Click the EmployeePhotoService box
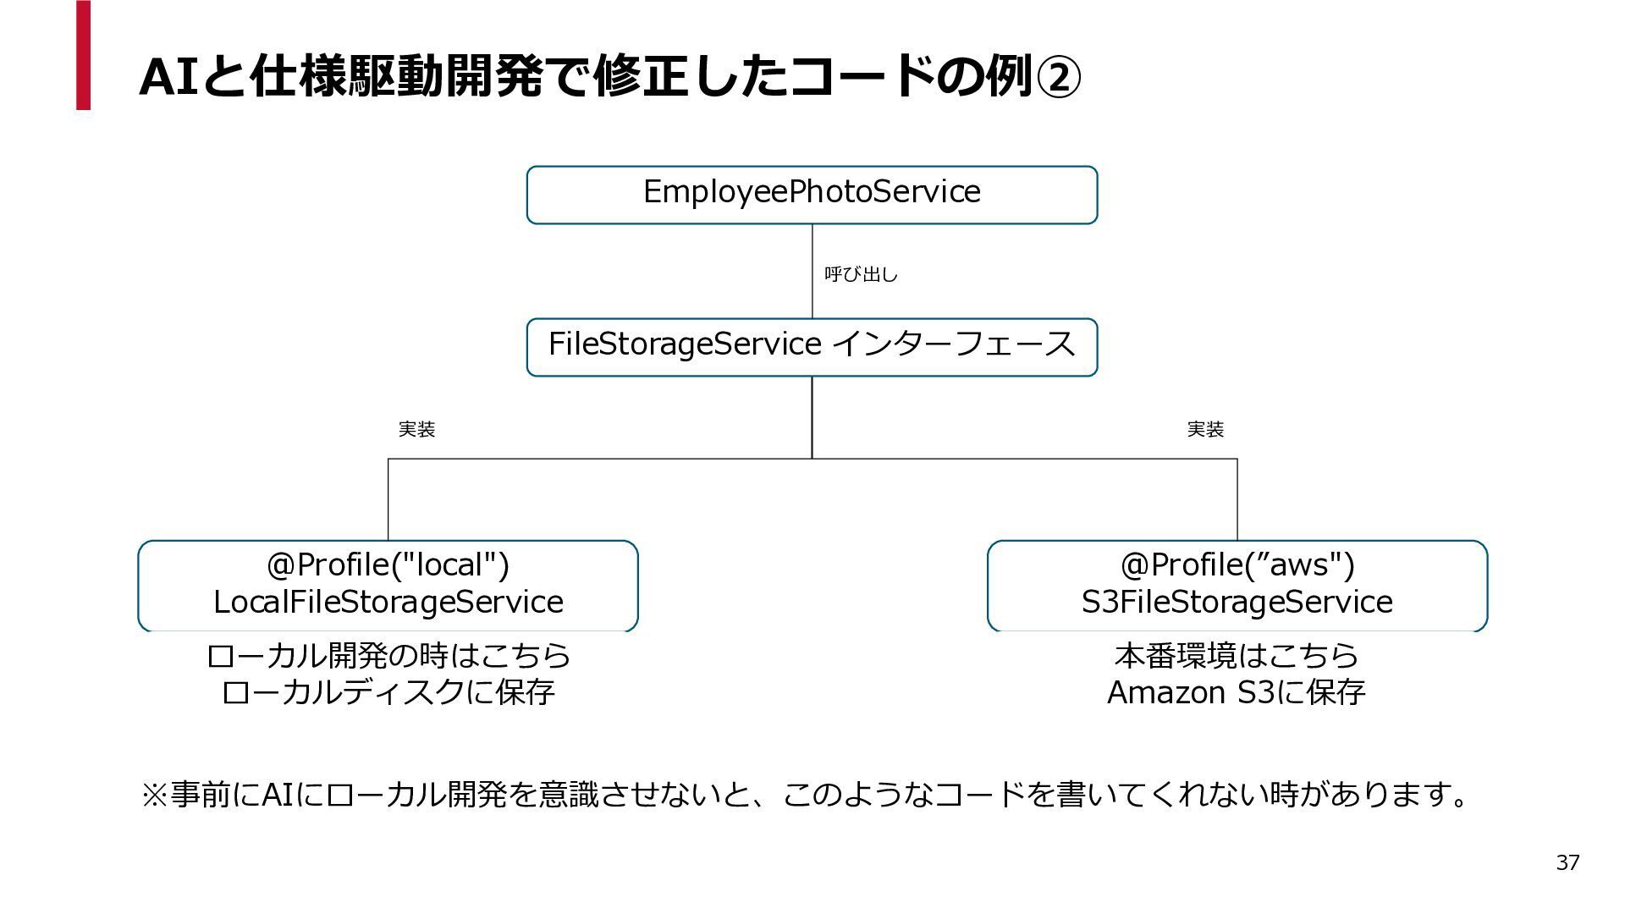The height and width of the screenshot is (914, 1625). click(812, 195)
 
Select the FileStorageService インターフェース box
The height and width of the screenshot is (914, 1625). click(812, 347)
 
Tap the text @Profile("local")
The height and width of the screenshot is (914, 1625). click(388, 564)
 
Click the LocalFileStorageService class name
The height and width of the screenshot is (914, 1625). click(388, 602)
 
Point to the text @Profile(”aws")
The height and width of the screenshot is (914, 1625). click(1237, 564)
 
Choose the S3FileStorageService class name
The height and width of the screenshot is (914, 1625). click(1237, 602)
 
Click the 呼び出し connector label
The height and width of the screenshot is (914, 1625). click(861, 274)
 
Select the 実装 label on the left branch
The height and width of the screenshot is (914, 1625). click(416, 430)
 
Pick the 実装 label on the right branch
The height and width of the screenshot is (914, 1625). click(1205, 430)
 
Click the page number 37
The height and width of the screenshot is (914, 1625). click(1567, 862)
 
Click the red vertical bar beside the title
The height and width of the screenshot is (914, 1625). click(83, 55)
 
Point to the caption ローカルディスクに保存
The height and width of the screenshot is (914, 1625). click(388, 692)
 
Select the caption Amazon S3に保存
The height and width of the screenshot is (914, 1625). click(1237, 692)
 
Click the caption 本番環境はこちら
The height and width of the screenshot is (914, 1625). click(1237, 655)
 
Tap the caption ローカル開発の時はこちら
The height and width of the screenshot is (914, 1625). click(388, 655)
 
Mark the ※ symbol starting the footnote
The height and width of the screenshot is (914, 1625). click(154, 795)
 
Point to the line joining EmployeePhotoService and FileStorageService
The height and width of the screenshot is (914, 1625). click(812, 271)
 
